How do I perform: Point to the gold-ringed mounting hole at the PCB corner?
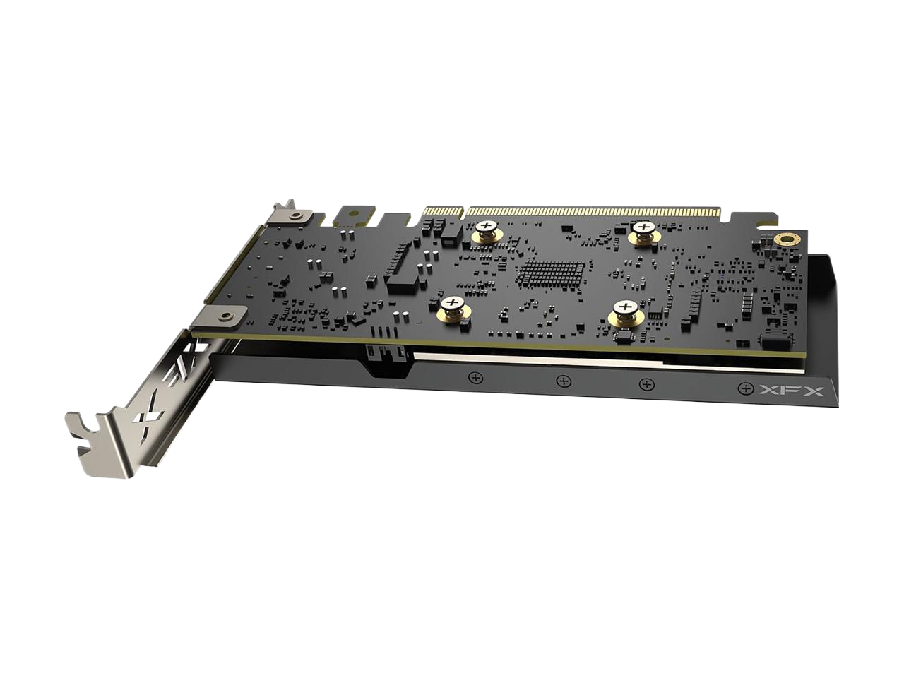786,239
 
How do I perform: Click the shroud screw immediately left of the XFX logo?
744,388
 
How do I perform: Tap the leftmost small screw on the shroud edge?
476,377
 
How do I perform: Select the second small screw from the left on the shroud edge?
564,381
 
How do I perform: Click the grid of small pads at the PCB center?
551,273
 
